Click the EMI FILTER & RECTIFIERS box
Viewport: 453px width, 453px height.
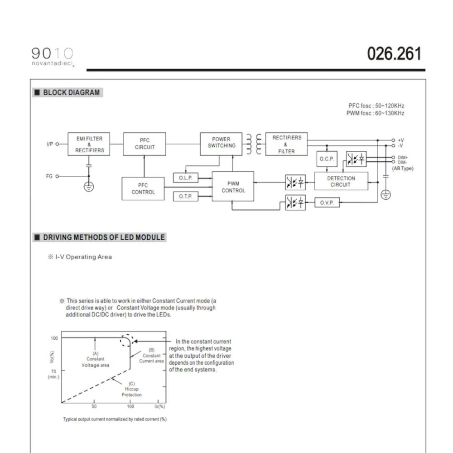point(89,144)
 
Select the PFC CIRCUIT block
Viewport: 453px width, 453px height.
point(145,144)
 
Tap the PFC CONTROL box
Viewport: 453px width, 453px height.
point(143,188)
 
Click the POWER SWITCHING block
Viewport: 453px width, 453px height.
point(222,143)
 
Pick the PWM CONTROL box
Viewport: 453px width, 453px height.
point(233,187)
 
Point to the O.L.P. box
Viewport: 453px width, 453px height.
point(186,178)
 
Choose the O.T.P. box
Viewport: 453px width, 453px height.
point(186,196)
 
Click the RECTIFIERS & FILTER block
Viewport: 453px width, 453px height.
point(286,144)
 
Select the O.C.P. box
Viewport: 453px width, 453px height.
point(326,159)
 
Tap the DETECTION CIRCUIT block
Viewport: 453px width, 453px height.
point(341,182)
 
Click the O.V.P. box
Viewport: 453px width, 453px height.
point(327,203)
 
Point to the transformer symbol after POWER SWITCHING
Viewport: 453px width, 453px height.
point(253,144)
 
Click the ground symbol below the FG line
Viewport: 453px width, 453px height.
point(89,186)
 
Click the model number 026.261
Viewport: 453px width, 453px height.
point(394,54)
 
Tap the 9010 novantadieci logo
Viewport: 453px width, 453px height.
point(53,57)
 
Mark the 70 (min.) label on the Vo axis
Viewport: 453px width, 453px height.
point(53,373)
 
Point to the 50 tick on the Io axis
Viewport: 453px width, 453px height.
point(94,406)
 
